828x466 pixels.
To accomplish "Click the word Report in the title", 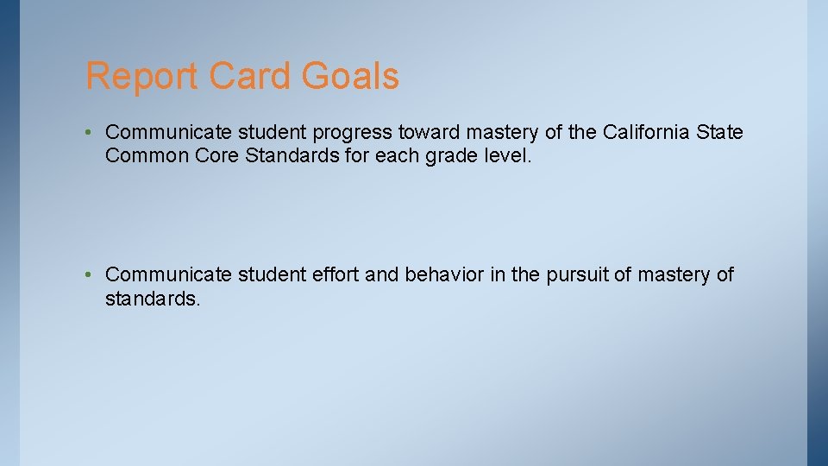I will coord(141,76).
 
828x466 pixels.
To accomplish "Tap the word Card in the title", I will coord(251,76).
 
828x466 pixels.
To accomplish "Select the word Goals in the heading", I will coord(350,76).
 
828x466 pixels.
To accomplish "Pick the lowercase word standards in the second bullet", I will coord(152,299).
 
